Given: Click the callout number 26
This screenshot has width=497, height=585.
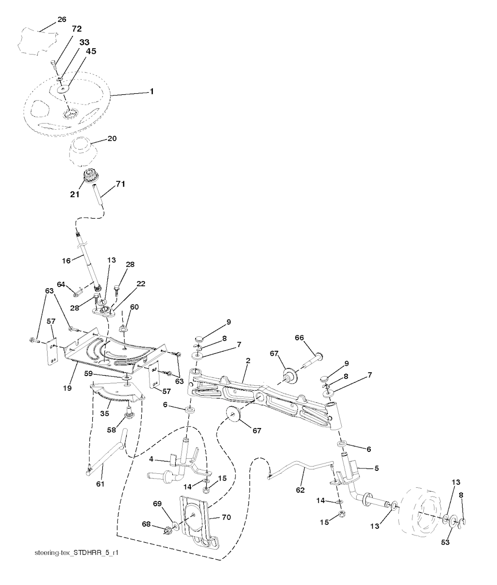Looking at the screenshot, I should tap(62, 19).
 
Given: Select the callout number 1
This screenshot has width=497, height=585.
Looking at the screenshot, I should tap(151, 91).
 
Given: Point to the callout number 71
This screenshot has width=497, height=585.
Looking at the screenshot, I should tap(120, 184).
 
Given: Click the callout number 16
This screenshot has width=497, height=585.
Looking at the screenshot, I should tap(66, 260).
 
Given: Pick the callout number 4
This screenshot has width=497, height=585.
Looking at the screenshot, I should tap(151, 459).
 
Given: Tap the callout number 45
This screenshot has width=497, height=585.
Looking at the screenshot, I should tap(91, 51).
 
